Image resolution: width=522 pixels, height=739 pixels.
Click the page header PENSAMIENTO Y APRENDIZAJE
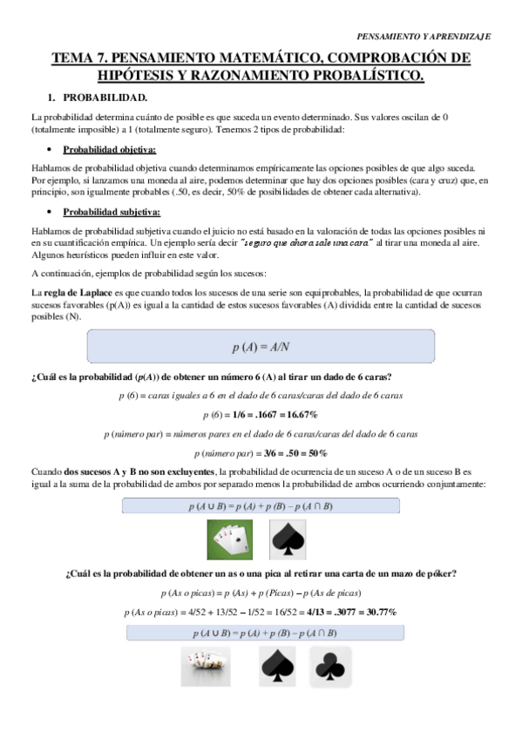click(x=425, y=37)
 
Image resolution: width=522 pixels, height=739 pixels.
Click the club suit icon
click(x=331, y=668)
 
